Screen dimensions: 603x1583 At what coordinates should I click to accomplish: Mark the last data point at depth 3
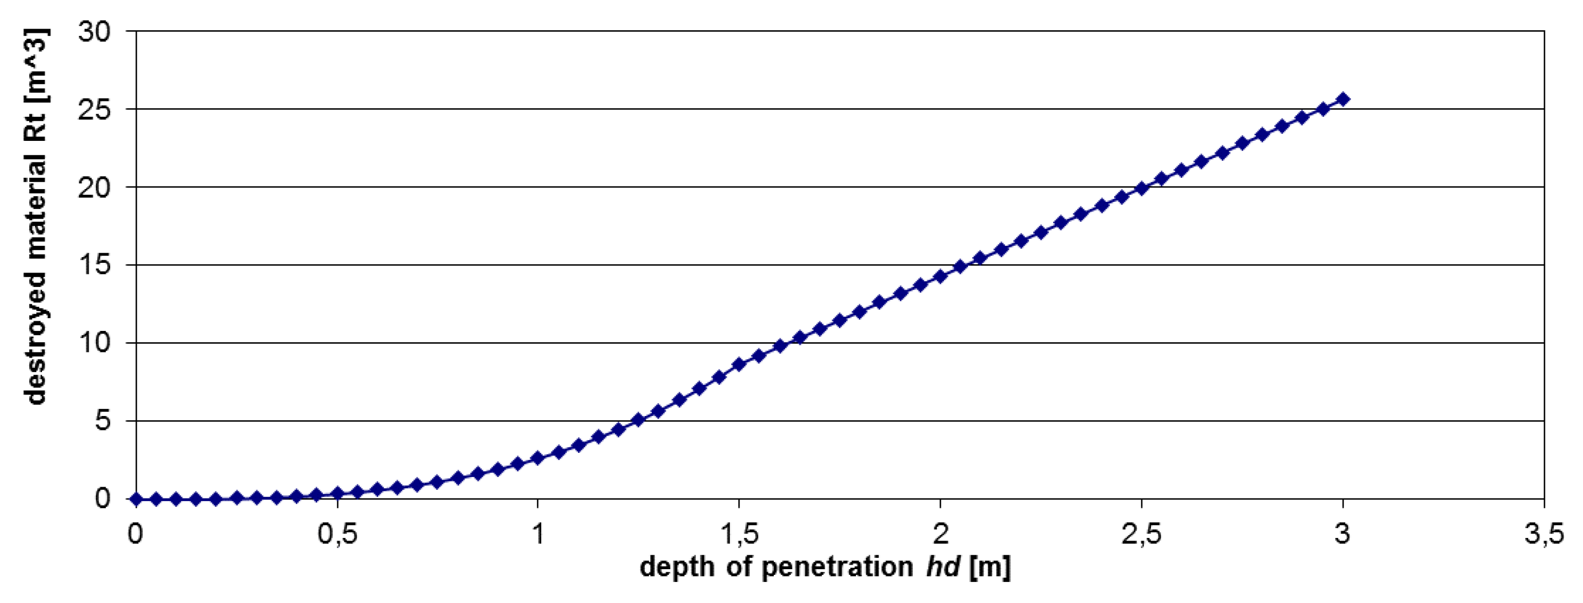pyautogui.click(x=1343, y=99)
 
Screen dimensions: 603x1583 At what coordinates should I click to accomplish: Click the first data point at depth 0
pyautogui.click(x=136, y=498)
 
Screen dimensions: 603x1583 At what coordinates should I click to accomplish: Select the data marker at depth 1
pyautogui.click(x=538, y=458)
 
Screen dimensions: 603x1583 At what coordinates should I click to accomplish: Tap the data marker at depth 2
pyautogui.click(x=940, y=276)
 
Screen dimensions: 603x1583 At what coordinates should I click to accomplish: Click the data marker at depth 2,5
pyautogui.click(x=1142, y=189)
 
